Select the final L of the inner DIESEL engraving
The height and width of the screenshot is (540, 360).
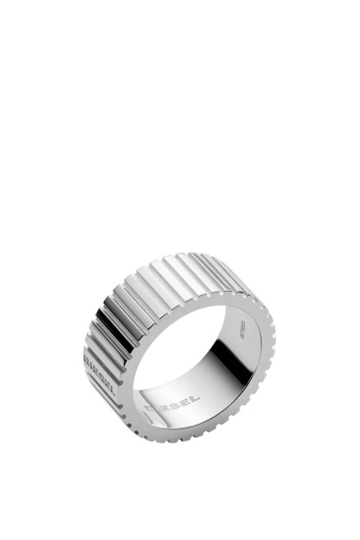(194, 395)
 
